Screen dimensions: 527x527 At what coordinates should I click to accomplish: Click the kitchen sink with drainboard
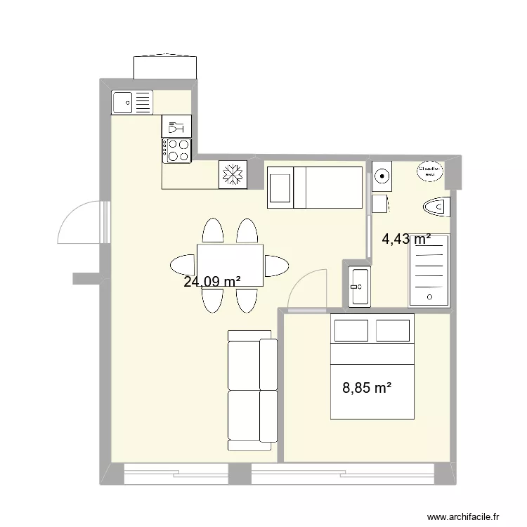(132, 103)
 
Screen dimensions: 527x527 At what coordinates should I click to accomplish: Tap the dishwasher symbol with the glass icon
(176, 126)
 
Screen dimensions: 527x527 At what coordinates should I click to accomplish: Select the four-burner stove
(177, 150)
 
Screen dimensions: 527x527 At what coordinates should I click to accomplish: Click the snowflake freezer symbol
(232, 174)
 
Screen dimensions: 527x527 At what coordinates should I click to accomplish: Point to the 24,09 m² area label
(212, 282)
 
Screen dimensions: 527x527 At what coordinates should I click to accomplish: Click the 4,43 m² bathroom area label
(405, 239)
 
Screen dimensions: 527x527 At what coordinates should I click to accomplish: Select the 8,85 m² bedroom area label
(366, 387)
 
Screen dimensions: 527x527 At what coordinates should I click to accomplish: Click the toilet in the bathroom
(437, 207)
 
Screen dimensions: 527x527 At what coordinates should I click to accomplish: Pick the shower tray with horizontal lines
(429, 270)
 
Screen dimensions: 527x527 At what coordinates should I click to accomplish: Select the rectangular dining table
(230, 264)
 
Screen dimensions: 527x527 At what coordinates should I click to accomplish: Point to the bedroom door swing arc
(306, 287)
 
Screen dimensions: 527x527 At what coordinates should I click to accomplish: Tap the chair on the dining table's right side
(275, 266)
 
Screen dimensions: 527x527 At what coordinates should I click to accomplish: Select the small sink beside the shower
(360, 286)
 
